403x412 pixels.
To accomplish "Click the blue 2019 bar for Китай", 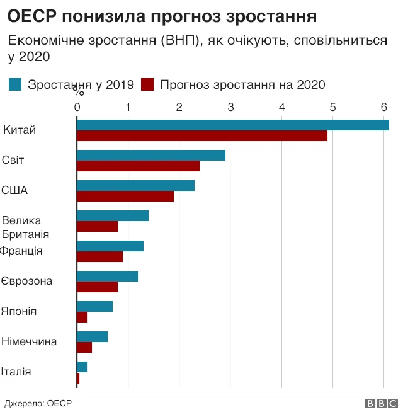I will click(232, 125).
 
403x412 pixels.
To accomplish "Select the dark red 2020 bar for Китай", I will click(201, 135).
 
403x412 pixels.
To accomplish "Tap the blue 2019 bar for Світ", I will click(150, 155).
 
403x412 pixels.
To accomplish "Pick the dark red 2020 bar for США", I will click(125, 196).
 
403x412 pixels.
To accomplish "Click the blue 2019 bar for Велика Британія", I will click(112, 215).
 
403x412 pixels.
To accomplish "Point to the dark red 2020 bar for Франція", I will click(99, 256).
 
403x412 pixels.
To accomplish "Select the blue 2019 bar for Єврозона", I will click(107, 276).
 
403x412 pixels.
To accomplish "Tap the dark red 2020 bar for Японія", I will click(82, 317).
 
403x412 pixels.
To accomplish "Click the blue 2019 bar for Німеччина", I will click(92, 336).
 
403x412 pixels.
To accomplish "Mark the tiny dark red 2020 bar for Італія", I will click(78, 378).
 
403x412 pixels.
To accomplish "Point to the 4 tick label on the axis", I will click(281, 106).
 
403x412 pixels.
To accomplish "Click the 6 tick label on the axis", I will click(383, 106).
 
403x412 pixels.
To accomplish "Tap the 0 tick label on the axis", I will click(77, 106).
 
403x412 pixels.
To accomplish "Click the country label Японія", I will click(19, 311).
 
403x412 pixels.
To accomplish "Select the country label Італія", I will click(17, 372).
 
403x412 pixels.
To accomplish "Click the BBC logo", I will click(380, 404).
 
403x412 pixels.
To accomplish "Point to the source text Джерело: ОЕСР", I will click(38, 403).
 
